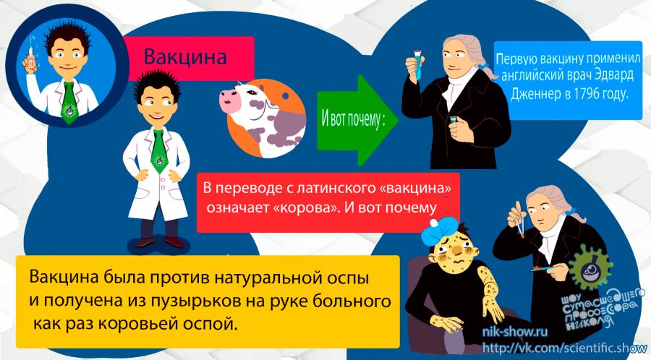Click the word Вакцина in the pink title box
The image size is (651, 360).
click(x=185, y=56)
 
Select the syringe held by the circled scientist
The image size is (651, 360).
click(x=30, y=55)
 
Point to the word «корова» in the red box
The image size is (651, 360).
click(x=306, y=207)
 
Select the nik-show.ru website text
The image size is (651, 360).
click(x=515, y=332)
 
